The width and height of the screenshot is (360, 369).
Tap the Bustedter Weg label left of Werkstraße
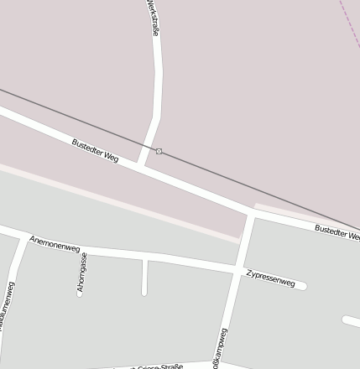(x=95, y=150)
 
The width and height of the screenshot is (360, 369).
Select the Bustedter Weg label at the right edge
(x=337, y=232)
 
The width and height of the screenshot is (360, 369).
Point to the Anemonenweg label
(x=55, y=244)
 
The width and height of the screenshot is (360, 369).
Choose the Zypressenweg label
(x=271, y=278)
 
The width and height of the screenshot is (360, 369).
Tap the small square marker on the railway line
(x=159, y=151)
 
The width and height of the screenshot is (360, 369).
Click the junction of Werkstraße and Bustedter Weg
(x=142, y=164)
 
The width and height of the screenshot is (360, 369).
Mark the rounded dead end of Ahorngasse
(x=80, y=294)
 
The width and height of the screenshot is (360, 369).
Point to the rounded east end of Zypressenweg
(x=302, y=286)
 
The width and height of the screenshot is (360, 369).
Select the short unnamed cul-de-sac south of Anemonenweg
(x=144, y=277)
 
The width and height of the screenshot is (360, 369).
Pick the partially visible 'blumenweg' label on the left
(x=8, y=307)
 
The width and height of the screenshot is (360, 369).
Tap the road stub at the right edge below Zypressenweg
(x=352, y=321)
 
